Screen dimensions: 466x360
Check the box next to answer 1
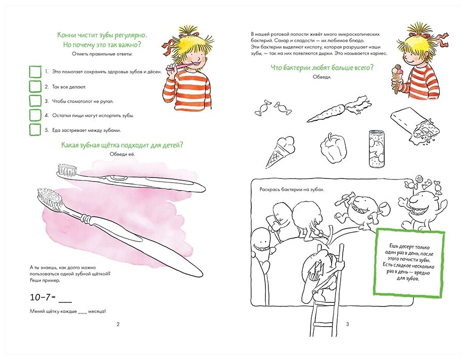coord(35,72)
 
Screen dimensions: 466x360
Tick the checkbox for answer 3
coord(35,101)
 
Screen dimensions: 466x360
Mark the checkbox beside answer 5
coord(35,130)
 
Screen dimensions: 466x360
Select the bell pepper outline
coord(333,148)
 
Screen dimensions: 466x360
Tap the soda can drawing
coord(377,149)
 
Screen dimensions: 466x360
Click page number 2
coord(118,324)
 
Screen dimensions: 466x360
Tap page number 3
coord(347,324)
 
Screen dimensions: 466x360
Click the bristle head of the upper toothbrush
coord(67,169)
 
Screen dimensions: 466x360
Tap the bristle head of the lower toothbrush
coord(50,198)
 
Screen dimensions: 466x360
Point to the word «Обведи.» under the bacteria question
coord(322,77)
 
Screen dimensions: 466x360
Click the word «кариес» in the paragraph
coord(379,54)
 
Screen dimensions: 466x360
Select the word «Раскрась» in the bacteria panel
coord(270,189)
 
